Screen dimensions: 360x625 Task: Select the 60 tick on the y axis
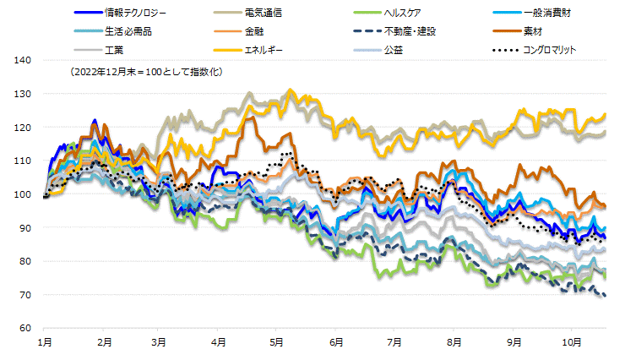(x=25, y=328)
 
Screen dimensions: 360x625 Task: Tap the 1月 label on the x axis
(x=46, y=343)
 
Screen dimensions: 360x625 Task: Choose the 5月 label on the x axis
(x=277, y=343)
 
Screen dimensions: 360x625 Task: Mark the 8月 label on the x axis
(x=454, y=343)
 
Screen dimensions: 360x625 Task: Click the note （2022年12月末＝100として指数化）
(x=148, y=73)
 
